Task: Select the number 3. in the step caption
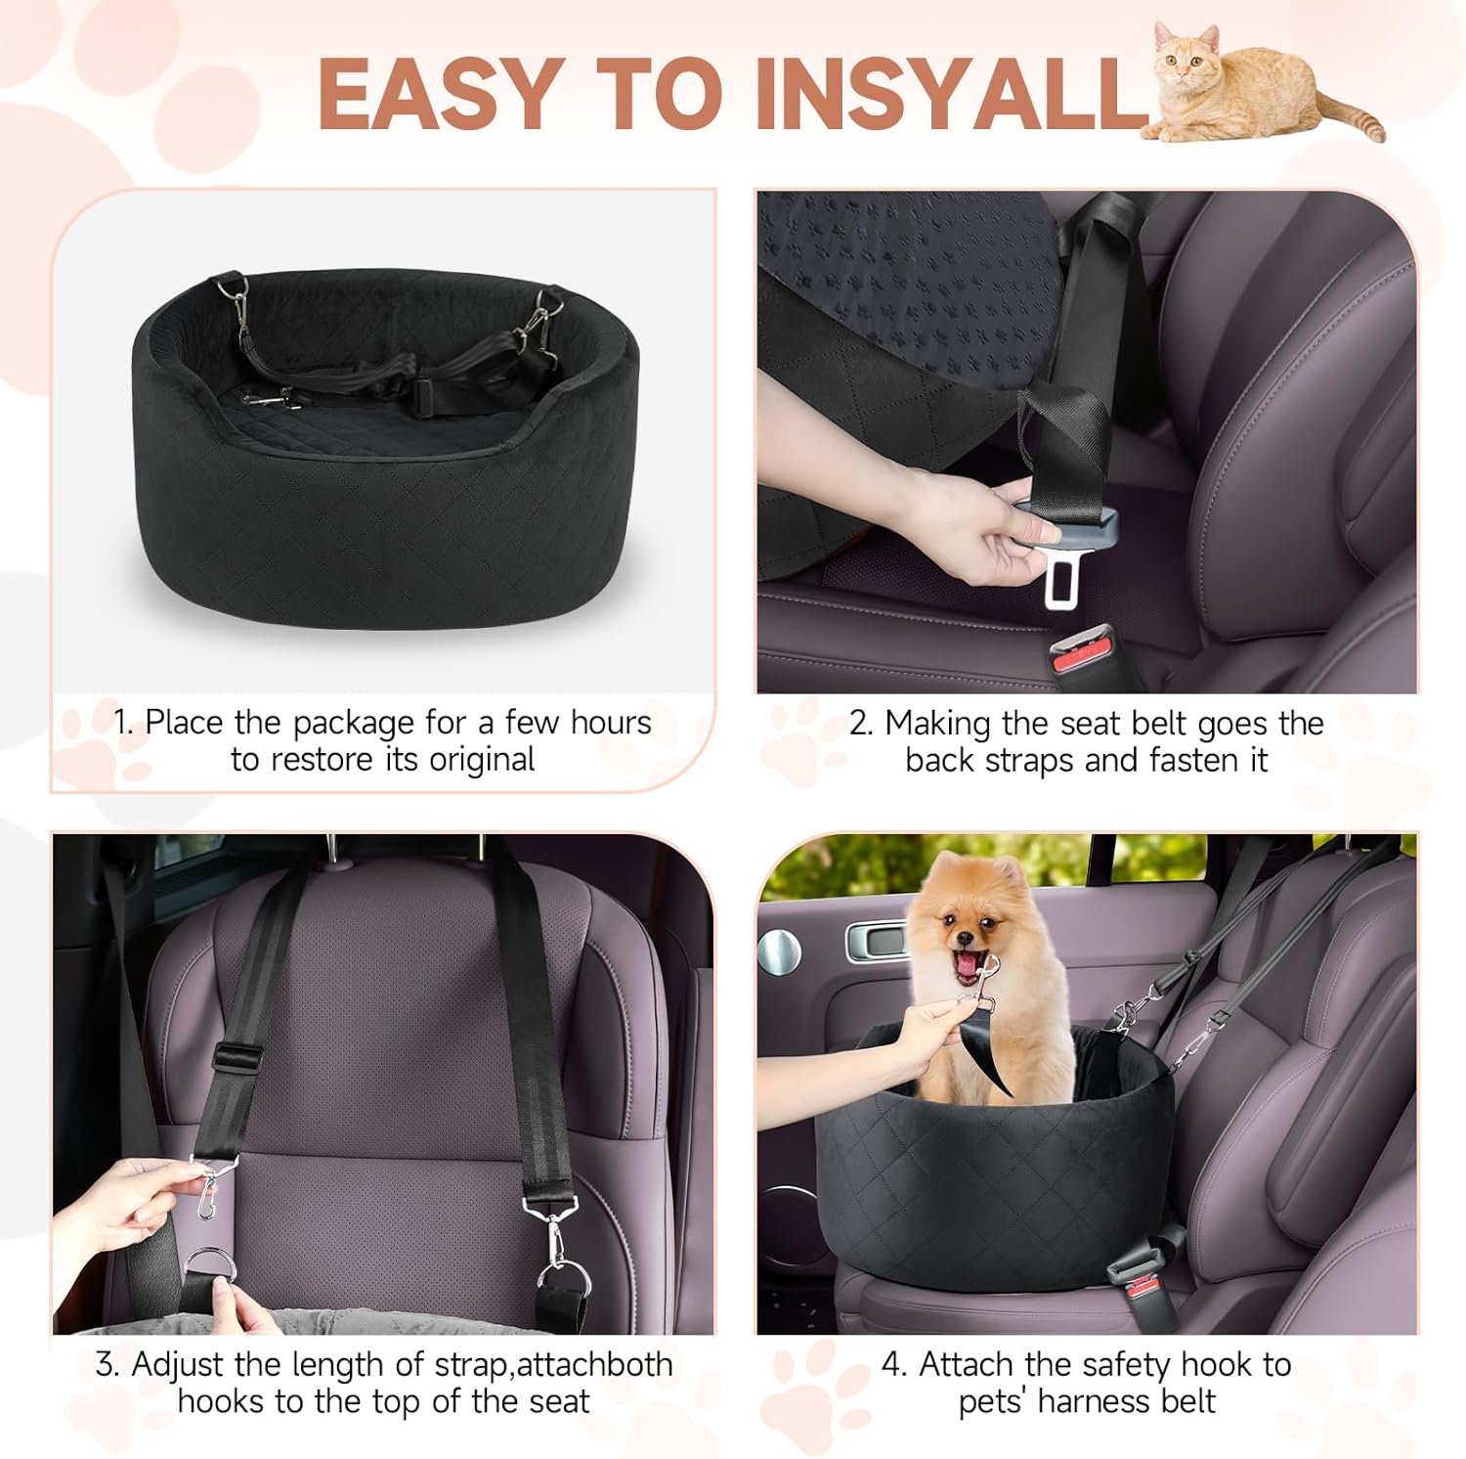coord(108,1364)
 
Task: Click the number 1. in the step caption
coord(124,723)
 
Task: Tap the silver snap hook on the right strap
coord(545,1232)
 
